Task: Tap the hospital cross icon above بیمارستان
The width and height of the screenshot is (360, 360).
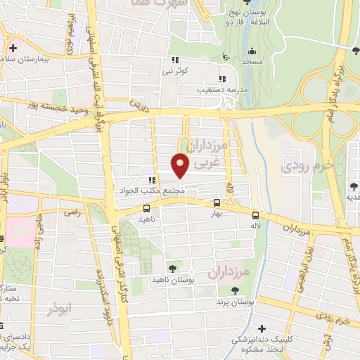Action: click(x=13, y=49)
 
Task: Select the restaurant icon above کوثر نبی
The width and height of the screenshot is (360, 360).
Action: click(x=174, y=60)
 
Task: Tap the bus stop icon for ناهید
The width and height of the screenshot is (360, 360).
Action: click(x=146, y=208)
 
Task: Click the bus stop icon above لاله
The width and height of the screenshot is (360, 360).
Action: click(x=255, y=216)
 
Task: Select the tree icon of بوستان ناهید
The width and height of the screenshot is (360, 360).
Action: click(x=173, y=269)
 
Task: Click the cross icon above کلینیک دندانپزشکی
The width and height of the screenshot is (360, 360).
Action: click(x=262, y=328)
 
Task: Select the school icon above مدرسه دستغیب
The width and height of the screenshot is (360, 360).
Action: click(x=221, y=79)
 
